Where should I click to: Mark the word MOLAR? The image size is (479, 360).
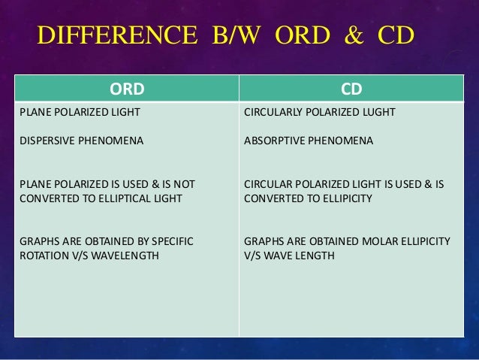coord(380,241)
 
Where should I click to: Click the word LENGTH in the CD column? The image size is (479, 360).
coord(315,255)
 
